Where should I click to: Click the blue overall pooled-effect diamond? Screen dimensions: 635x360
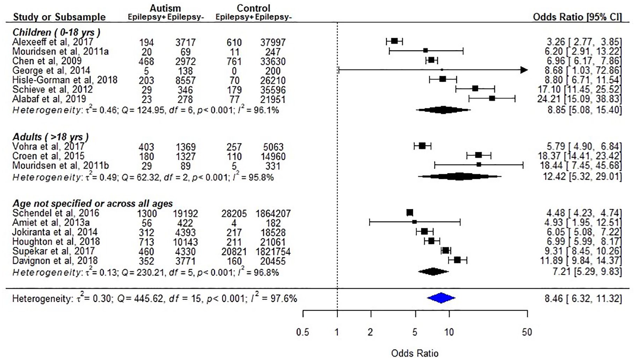(441, 298)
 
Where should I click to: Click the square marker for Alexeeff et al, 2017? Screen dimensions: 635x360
(394, 41)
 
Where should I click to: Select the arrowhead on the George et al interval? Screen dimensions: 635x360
(524, 70)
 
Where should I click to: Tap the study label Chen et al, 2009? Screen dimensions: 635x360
(47, 61)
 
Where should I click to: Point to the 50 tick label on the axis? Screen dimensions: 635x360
(527, 332)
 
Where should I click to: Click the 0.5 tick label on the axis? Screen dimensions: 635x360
(303, 332)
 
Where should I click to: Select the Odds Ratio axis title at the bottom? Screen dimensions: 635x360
(415, 353)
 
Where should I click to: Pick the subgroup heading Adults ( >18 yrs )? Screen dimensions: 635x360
(50, 137)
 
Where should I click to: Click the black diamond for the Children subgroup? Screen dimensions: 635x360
(443, 110)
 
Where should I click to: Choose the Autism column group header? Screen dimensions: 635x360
(165, 8)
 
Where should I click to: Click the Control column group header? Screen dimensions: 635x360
(254, 8)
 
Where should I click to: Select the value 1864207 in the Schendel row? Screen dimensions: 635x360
(271, 213)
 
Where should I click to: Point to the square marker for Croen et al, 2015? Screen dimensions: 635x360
(478, 155)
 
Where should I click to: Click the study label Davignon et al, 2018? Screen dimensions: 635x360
(55, 260)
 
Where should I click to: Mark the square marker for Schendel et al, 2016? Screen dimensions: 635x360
(410, 212)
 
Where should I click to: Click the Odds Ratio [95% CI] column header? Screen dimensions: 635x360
(577, 17)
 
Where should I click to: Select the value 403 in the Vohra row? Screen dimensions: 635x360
(146, 147)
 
